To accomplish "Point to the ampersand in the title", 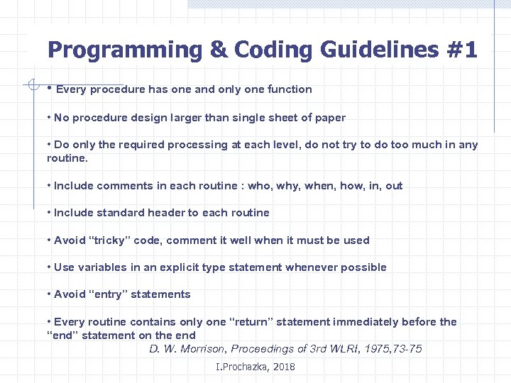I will coord(217,50).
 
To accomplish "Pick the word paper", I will coord(329,118).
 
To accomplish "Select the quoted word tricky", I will coord(109,240).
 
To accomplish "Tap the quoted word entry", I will coord(108,294).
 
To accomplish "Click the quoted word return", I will coord(251,322).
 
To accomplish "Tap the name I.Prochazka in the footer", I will coord(241,367).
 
